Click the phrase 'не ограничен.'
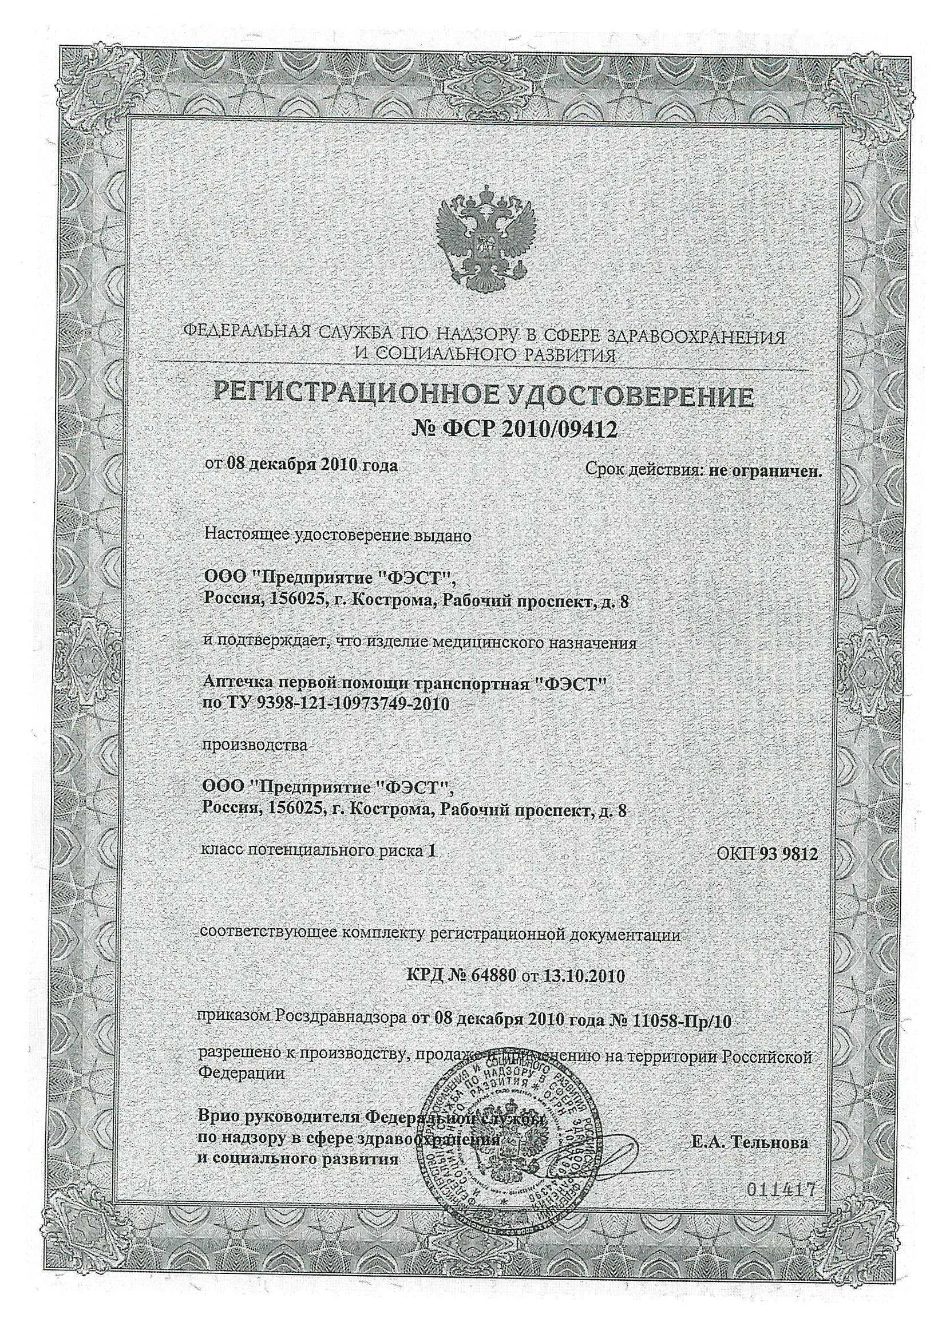[x=765, y=472]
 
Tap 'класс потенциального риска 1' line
[x=318, y=850]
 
